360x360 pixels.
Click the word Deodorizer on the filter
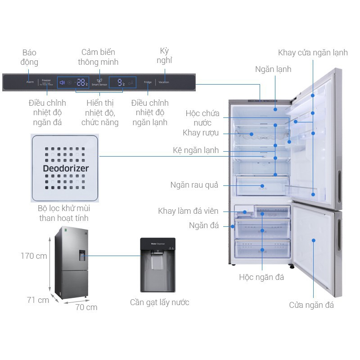[x=66, y=169]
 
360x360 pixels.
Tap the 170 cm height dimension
[x=34, y=256]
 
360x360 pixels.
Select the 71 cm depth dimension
[x=37, y=300]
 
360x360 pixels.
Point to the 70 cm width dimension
[x=86, y=307]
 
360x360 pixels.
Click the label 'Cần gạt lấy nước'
[x=159, y=302]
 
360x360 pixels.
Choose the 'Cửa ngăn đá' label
[x=311, y=306]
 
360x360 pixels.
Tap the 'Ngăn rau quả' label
[x=194, y=185]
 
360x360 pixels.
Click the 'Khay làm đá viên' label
[x=188, y=211]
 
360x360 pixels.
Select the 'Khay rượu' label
[x=201, y=133]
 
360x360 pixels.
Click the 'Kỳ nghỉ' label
[x=165, y=55]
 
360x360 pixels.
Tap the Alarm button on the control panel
[x=30, y=83]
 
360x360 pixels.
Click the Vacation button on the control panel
[x=164, y=83]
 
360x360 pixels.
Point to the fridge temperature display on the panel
[x=121, y=82]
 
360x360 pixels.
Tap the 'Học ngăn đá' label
[x=261, y=277]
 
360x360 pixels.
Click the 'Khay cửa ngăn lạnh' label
[x=313, y=53]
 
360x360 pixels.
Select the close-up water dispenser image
[x=157, y=265]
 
